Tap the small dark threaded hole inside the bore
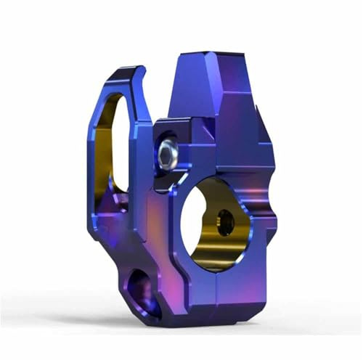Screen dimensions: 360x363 pos(226,222)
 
